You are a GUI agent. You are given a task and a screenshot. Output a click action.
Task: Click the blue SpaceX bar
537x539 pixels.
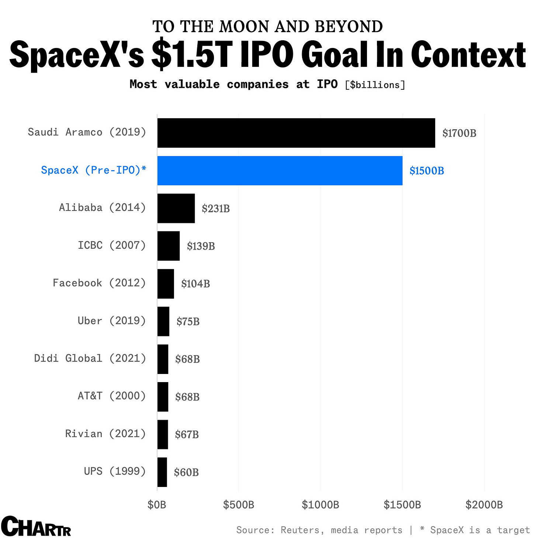(280, 171)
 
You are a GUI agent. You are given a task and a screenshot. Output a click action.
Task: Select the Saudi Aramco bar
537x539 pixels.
(296, 133)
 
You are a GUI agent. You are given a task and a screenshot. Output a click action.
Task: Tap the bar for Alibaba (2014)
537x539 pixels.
(176, 208)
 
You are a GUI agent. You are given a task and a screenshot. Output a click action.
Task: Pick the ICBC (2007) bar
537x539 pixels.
(169, 246)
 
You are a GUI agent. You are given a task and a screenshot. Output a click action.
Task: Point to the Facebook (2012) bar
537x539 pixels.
(166, 284)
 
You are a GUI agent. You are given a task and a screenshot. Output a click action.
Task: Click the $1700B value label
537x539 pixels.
(459, 133)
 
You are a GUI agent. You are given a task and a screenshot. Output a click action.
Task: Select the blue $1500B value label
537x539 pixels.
(427, 171)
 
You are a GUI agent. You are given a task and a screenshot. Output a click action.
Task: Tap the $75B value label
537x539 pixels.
(188, 322)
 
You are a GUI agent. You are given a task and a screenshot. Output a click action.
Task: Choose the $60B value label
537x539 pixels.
(186, 472)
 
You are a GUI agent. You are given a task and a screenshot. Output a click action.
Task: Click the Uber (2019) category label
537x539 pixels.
(112, 320)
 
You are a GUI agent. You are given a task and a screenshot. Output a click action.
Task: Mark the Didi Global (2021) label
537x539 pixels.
(90, 358)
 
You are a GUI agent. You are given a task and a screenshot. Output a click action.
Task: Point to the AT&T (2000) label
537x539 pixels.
(112, 396)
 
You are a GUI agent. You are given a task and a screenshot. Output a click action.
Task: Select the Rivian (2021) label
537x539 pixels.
(105, 433)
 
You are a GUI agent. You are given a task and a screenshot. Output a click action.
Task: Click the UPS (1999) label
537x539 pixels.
(115, 471)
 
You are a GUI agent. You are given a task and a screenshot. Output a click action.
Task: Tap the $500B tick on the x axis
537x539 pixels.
(239, 505)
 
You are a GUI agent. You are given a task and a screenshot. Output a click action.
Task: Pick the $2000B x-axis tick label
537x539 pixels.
(484, 505)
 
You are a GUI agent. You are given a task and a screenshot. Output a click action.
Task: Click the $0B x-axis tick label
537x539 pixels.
(157, 505)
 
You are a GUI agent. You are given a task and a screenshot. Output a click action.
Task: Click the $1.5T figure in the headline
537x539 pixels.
(191, 55)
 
